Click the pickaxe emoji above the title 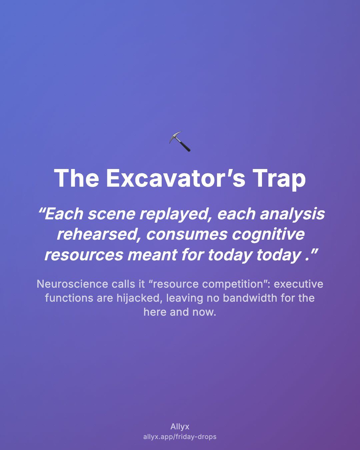coord(180,141)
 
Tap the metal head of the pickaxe coord(175,136)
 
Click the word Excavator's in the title coord(175,178)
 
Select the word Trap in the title coord(279,179)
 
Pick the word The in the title coord(76,178)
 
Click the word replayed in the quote coord(176,215)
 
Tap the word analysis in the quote coord(292,215)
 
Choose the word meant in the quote coord(152,255)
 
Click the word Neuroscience coord(72,284)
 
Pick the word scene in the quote coord(111,215)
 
